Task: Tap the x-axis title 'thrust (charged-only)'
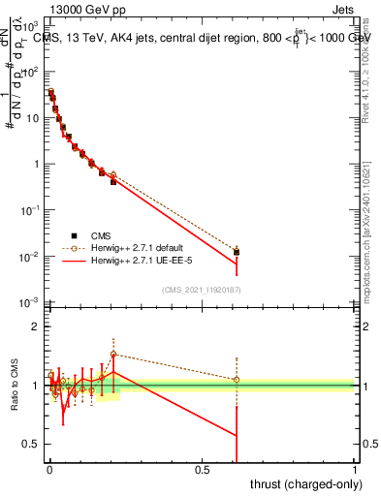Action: coord(300,483)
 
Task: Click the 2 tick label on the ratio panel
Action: coord(37,326)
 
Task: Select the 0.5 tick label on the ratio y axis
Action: coord(33,444)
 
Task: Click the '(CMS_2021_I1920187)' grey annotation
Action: coord(201,290)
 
